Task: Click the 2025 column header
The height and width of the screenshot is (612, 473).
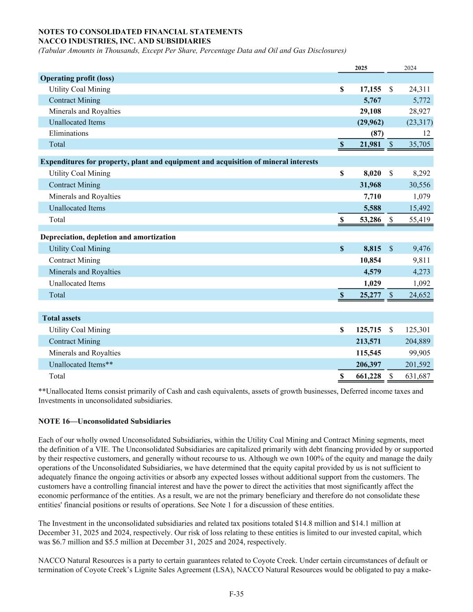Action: pyautogui.click(x=361, y=68)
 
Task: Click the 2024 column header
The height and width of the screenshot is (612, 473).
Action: pyautogui.click(x=410, y=68)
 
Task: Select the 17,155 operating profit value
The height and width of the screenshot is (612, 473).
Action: pyautogui.click(x=370, y=89)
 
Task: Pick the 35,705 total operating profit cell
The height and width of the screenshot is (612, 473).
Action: pyautogui.click(x=418, y=144)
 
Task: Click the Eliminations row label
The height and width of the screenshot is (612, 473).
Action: pyautogui.click(x=69, y=133)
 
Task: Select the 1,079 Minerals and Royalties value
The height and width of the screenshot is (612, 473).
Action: pyautogui.click(x=421, y=196)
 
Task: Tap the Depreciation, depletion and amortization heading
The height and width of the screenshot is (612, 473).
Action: pyautogui.click(x=108, y=237)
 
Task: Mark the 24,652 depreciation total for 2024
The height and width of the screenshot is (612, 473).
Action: pyautogui.click(x=418, y=295)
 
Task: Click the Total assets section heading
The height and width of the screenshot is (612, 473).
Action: pyautogui.click(x=61, y=318)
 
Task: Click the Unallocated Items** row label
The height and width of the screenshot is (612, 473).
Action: pyautogui.click(x=81, y=365)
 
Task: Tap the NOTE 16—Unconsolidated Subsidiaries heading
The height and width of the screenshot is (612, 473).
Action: pyautogui.click(x=104, y=421)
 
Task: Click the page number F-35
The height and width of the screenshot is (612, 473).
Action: pyautogui.click(x=236, y=594)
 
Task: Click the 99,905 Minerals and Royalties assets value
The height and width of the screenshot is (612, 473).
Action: pyautogui.click(x=418, y=353)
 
